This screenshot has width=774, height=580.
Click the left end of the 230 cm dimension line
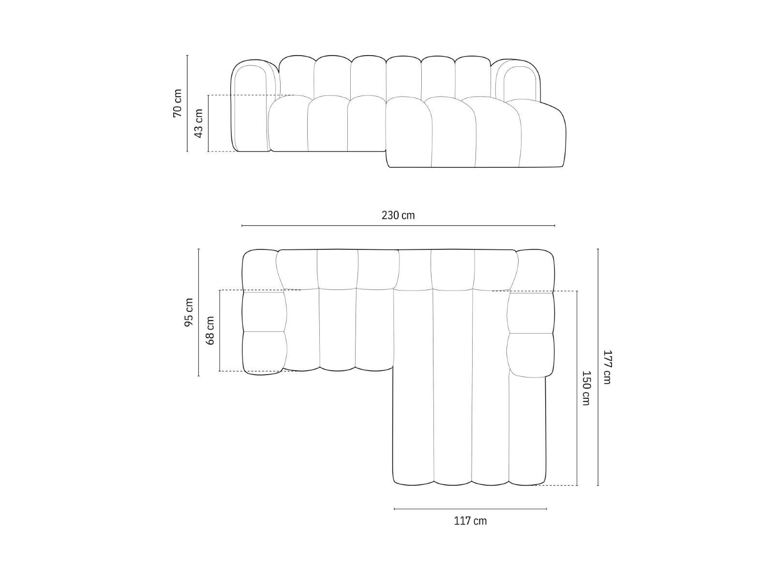coord(242,225)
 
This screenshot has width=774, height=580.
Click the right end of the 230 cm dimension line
coord(554,225)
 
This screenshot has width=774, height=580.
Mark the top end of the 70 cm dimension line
coord(187,55)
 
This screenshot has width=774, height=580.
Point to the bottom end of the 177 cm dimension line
coord(598,485)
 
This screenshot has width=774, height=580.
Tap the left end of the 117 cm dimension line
coord(394,508)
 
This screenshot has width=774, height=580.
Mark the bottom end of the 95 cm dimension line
coord(198,376)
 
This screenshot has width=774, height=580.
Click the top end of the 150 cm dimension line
coord(577,291)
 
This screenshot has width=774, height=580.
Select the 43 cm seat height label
coord(198,123)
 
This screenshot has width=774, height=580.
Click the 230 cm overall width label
coord(398,215)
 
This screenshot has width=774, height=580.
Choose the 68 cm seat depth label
coord(210,330)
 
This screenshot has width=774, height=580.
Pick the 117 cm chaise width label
coord(470,521)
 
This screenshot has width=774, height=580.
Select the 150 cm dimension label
coord(586,388)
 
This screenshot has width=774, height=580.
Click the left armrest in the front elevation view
coord(251,106)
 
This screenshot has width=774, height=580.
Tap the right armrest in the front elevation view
coord(518,82)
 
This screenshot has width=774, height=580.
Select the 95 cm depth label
coord(189,312)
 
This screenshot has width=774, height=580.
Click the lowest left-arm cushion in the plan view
coord(265,353)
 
